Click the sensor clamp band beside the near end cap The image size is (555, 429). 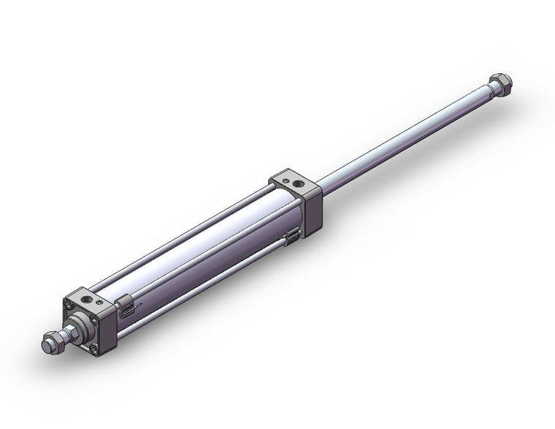[125, 305]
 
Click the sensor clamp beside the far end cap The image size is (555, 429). [291, 236]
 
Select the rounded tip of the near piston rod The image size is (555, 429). [44, 344]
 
